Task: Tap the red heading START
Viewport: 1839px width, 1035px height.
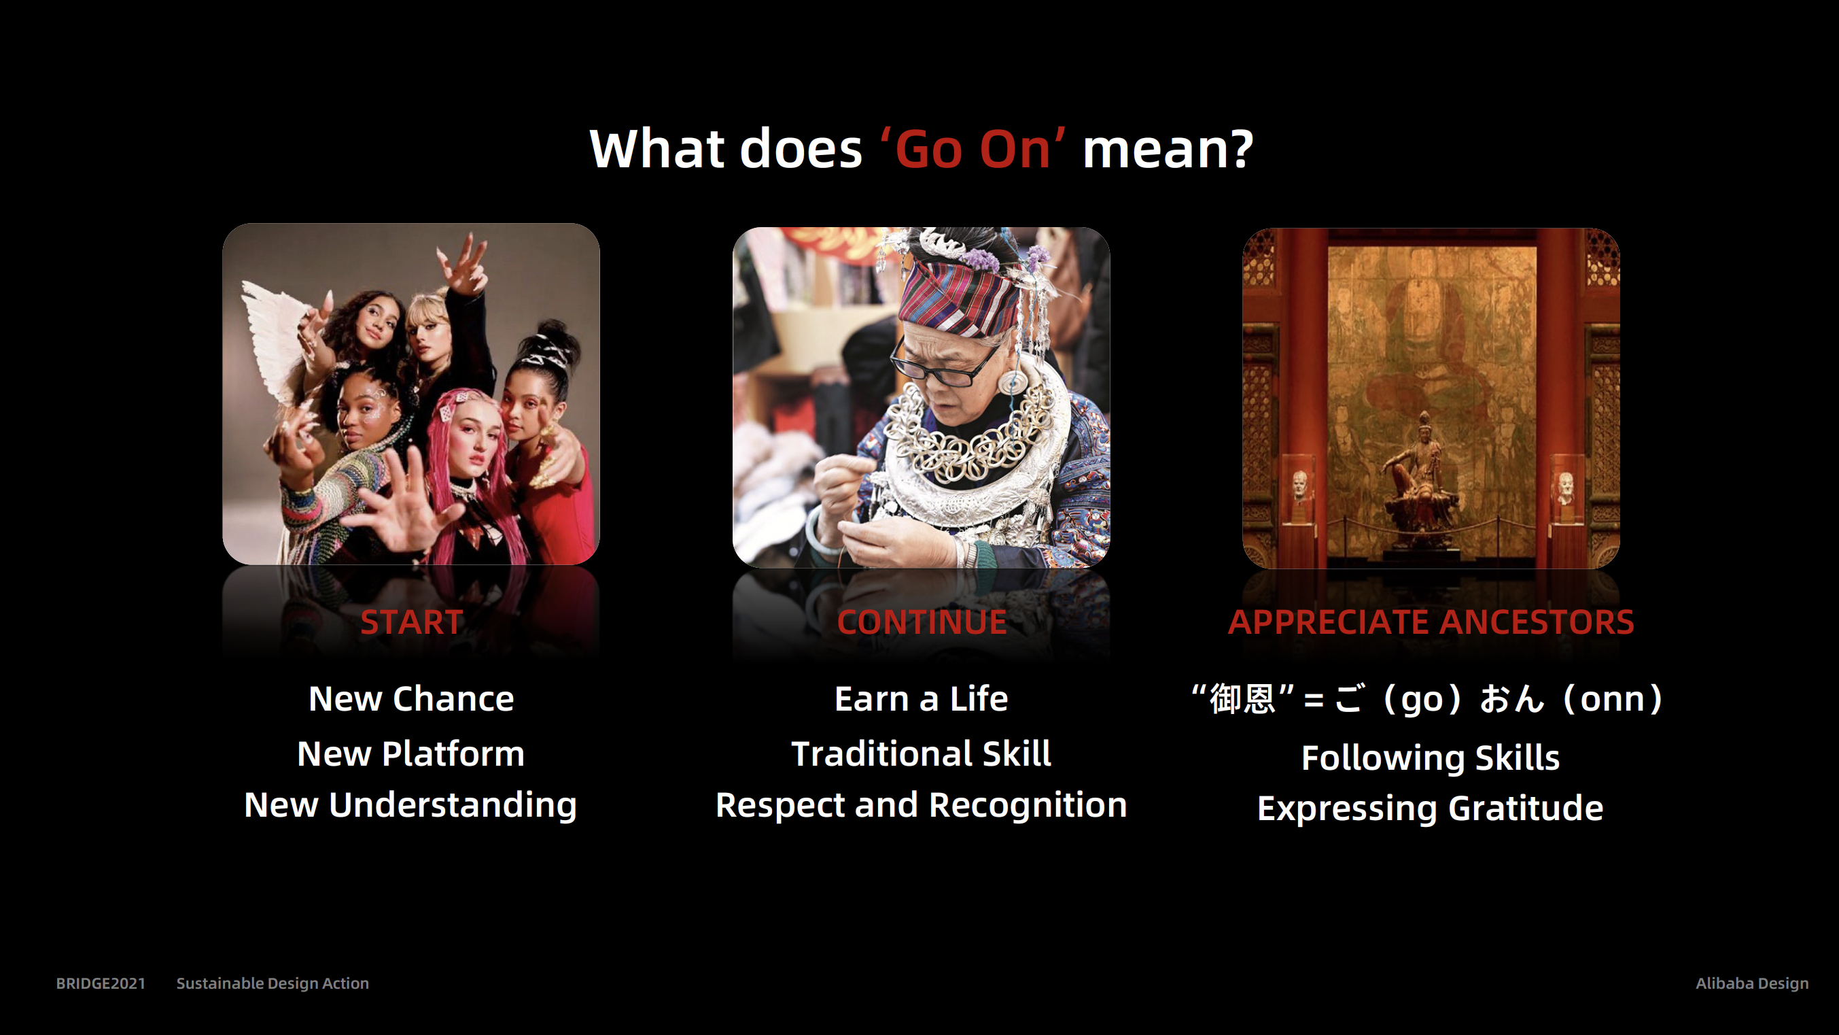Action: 412,622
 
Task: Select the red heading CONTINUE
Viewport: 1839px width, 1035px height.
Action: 922,622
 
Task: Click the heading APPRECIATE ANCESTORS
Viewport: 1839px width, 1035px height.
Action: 1431,622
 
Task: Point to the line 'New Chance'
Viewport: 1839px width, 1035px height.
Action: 411,698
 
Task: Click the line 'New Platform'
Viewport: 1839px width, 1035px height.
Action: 411,754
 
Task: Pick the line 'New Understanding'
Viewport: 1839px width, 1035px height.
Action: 410,806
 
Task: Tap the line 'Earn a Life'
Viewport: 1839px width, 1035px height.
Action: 922,698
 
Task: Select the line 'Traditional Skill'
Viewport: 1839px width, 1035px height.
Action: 922,754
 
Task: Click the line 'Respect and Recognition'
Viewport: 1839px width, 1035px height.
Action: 922,806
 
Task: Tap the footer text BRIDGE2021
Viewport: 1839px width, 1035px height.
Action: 101,983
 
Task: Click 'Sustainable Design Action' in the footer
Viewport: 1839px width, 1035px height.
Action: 273,983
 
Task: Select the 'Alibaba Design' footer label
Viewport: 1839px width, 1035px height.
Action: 1752,983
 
